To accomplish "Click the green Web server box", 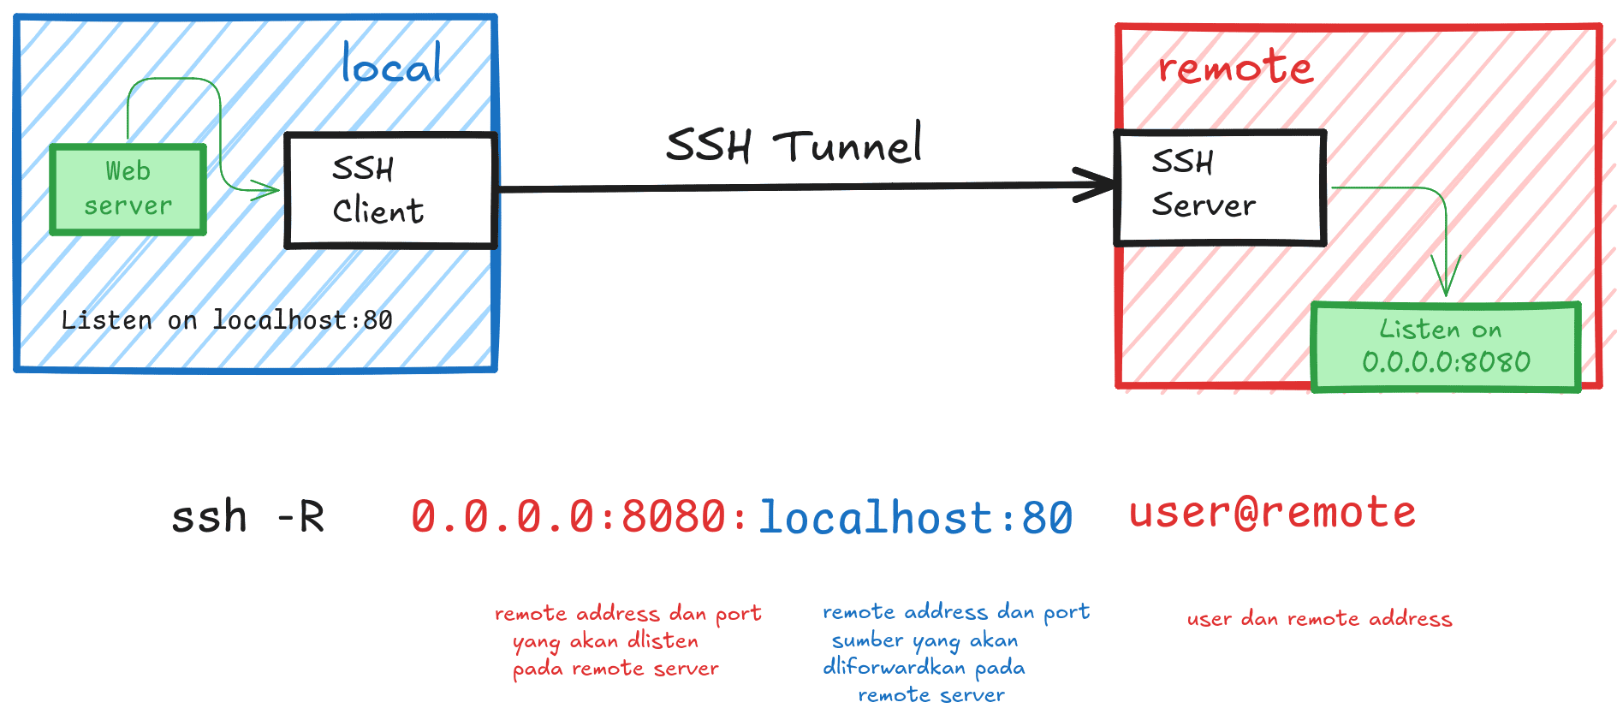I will click(x=128, y=189).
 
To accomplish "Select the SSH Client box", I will click(x=390, y=190).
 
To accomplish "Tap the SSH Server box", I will click(x=1220, y=187).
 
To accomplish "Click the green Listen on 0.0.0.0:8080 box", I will click(x=1446, y=347).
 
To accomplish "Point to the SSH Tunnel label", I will click(x=794, y=145).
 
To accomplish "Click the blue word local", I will click(x=391, y=64).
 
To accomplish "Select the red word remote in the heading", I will click(x=1235, y=67).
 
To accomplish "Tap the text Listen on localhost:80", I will click(x=227, y=320).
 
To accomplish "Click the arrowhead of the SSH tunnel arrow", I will click(x=1100, y=184).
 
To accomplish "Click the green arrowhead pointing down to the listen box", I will click(x=1446, y=283).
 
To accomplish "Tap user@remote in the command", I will click(x=1272, y=512).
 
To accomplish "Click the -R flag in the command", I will click(x=300, y=517).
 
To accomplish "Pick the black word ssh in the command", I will click(x=209, y=517).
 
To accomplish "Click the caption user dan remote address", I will click(x=1319, y=619).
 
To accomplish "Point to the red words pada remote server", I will click(x=615, y=669).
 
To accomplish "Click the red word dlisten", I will click(x=663, y=640).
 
